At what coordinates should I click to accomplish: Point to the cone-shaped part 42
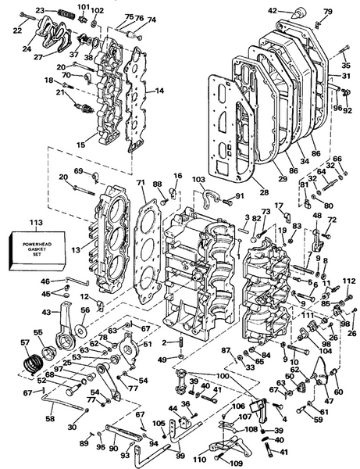(298, 13)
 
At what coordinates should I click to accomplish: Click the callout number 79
(328, 11)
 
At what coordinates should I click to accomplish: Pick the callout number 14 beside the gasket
(159, 91)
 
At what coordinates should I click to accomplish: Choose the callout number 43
(45, 313)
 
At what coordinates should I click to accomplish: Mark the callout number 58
(51, 419)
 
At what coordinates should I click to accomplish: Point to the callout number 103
(198, 179)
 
